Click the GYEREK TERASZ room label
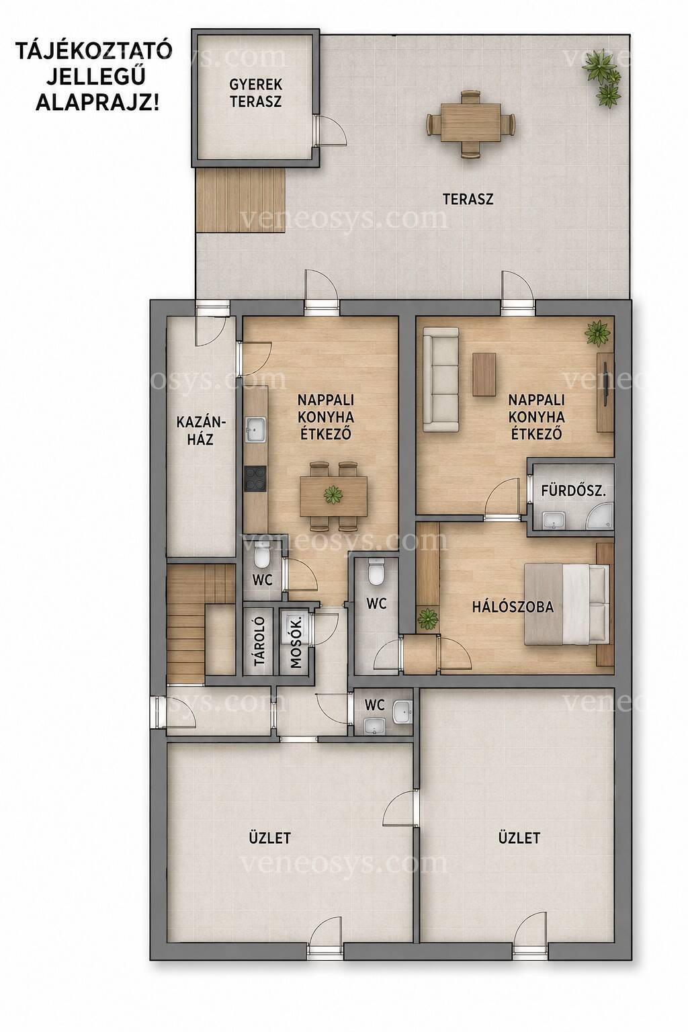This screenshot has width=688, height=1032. [x=256, y=93]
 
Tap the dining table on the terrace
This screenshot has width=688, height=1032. [x=470, y=123]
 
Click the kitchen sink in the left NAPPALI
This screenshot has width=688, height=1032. [x=255, y=429]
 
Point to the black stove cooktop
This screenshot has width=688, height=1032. [x=255, y=479]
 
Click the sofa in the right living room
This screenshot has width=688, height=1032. [x=441, y=380]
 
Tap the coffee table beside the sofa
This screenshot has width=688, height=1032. [x=484, y=374]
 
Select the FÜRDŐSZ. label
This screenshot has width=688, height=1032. [x=573, y=490]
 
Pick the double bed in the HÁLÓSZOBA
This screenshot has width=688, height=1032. [x=566, y=605]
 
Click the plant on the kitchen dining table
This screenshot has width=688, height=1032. [x=333, y=494]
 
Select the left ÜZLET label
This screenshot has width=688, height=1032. [x=269, y=837]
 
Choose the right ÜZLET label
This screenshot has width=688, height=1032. [x=519, y=837]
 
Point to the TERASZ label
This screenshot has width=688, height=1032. [x=468, y=199]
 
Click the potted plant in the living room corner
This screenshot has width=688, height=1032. [x=598, y=333]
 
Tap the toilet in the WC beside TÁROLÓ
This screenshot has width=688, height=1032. [x=262, y=555]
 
